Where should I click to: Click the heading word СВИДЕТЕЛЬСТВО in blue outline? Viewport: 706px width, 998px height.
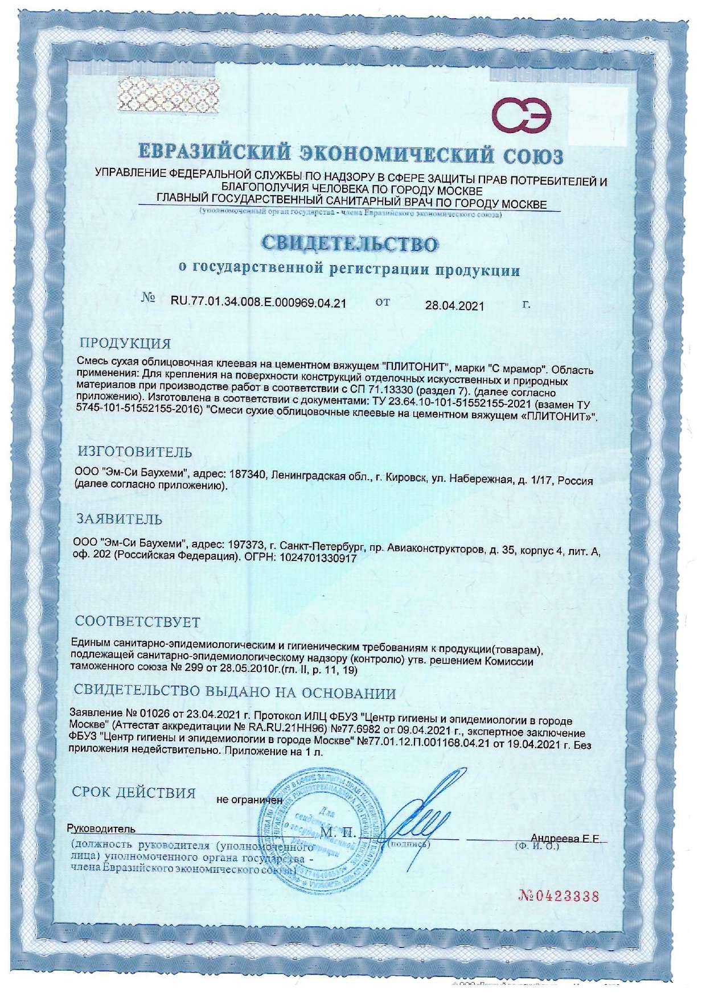[x=350, y=244]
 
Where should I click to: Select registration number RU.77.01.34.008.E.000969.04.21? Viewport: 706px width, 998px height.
[x=258, y=302]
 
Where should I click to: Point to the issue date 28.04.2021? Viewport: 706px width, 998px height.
[x=454, y=306]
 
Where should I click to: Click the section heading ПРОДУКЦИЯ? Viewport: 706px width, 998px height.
[x=125, y=343]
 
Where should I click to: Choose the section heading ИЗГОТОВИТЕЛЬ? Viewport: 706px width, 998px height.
[x=135, y=452]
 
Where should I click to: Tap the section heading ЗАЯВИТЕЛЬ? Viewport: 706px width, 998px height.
[x=120, y=519]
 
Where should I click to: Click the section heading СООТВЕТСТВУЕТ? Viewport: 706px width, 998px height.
[x=137, y=622]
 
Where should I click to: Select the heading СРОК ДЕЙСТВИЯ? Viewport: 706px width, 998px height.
[x=134, y=793]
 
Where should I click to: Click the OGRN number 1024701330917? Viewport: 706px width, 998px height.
[x=317, y=559]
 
